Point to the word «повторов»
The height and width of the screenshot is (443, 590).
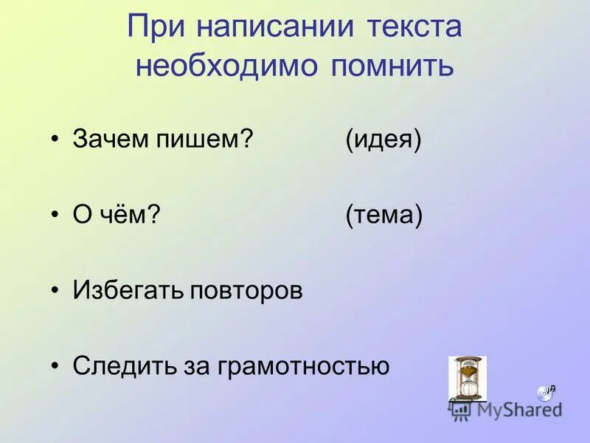[x=246, y=290]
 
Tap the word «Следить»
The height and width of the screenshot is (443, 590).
[x=122, y=365]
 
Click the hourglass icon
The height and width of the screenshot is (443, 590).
[x=468, y=379]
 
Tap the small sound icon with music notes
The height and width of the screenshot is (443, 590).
[x=546, y=392]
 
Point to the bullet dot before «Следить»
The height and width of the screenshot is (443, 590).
[x=56, y=366]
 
